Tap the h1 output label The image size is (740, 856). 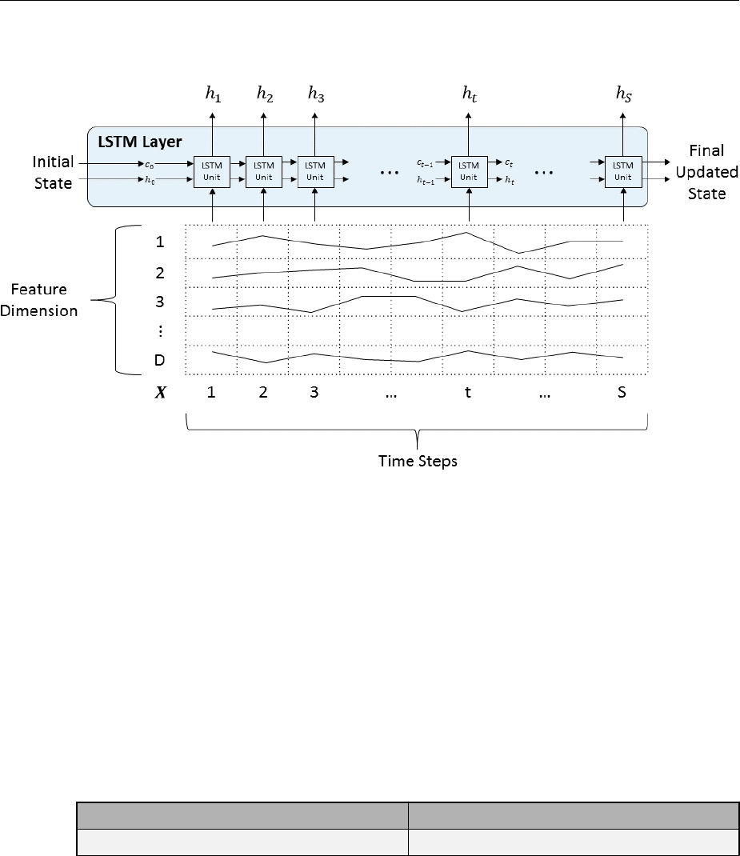213,94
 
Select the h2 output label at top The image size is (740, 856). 264,94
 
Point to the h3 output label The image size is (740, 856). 316,94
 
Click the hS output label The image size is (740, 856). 623,94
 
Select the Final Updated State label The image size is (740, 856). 706,172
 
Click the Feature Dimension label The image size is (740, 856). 39,300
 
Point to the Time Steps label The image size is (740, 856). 418,462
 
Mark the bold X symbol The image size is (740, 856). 160,394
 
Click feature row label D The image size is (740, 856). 159,360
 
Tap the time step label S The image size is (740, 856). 622,394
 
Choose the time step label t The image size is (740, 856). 468,394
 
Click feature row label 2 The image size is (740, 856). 160,273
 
